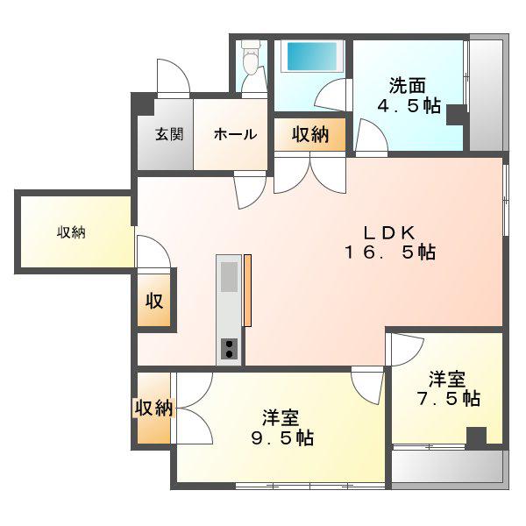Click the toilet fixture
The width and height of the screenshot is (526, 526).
[251, 56]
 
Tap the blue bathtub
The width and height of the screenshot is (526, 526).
[312, 56]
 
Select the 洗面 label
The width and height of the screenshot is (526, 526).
[408, 86]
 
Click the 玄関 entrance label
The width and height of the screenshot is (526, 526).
[169, 134]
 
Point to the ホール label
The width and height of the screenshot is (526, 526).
[235, 134]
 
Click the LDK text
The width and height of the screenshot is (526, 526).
[389, 232]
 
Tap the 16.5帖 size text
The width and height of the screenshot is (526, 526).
[390, 252]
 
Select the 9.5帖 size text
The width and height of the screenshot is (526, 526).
[282, 438]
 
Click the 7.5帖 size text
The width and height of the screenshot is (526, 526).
[449, 399]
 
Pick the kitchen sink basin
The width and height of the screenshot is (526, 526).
[229, 277]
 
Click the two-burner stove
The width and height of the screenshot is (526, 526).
[229, 349]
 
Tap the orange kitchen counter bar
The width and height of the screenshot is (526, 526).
[247, 290]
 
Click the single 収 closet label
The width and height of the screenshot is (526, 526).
[154, 301]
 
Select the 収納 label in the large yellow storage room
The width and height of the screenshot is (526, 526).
[71, 232]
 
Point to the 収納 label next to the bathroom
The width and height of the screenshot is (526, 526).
[310, 134]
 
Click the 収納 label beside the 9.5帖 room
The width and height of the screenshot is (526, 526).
[153, 408]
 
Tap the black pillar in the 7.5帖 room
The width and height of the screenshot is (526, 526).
[476, 438]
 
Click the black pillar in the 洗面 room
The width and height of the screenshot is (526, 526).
[457, 115]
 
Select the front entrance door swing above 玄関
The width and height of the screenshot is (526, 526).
[174, 77]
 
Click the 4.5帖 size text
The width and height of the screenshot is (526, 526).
[409, 106]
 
